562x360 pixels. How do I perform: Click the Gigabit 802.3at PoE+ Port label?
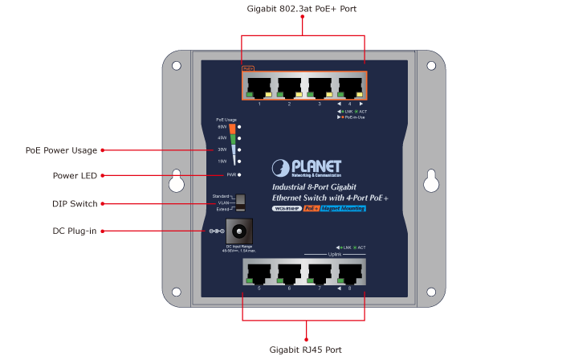coord(302,8)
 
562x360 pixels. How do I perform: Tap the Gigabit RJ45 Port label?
coord(305,350)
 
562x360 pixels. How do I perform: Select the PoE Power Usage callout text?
coord(61,150)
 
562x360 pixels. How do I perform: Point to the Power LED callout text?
coord(75,174)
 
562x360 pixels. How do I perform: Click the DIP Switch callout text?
coord(75,204)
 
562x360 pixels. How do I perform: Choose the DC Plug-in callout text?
coord(75,231)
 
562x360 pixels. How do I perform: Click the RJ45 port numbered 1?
coord(259,87)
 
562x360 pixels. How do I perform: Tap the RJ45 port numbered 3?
coord(320,87)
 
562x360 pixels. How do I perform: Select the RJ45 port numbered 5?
coord(259,272)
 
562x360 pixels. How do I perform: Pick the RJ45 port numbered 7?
coord(320,272)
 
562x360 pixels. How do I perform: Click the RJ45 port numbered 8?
coord(349,272)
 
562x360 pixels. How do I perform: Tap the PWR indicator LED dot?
coord(240,174)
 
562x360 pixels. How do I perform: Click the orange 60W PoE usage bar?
coord(232,129)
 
